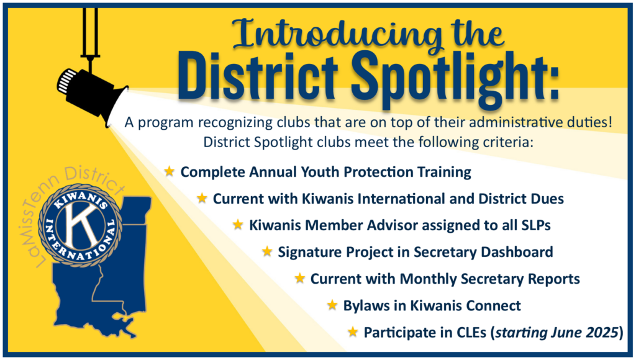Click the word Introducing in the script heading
[x=337, y=35]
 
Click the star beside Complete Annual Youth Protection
[x=170, y=171]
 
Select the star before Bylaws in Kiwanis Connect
[x=332, y=305]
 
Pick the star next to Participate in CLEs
[x=353, y=331]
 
